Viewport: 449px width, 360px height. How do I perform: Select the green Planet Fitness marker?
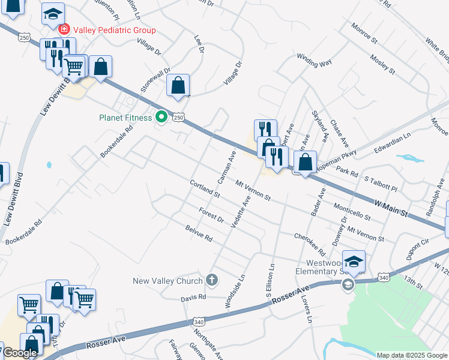(x=161, y=117)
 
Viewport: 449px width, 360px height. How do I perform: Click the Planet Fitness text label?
(x=125, y=118)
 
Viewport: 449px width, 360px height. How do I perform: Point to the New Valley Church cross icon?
(x=211, y=280)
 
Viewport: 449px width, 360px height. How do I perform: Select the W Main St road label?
(x=391, y=209)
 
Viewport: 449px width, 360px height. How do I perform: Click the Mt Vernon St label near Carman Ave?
(x=253, y=190)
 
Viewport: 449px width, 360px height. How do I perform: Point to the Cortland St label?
(x=205, y=189)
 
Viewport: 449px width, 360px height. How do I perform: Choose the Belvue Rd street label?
(x=199, y=234)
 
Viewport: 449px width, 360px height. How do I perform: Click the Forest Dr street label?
(x=211, y=215)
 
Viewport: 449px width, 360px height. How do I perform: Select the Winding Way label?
(x=314, y=59)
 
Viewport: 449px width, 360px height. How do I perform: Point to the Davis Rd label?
(x=193, y=297)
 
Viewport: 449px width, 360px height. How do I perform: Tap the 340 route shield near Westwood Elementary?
(x=384, y=277)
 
